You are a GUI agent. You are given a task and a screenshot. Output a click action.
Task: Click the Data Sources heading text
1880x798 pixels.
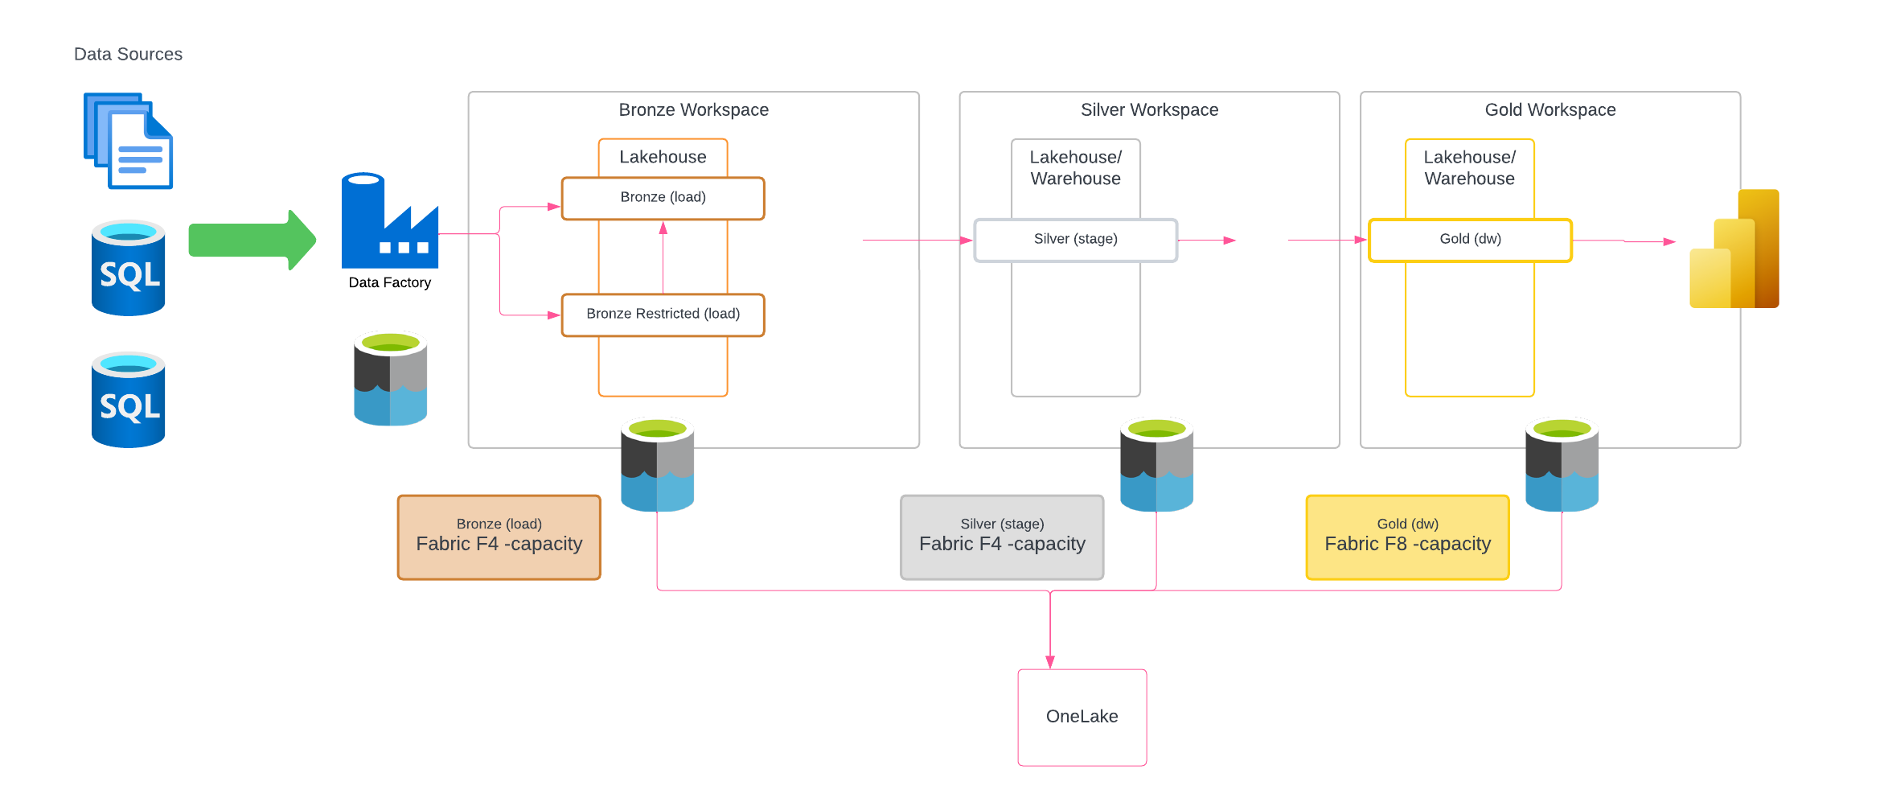[128, 54]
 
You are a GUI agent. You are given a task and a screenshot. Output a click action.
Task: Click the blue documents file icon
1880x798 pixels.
[129, 141]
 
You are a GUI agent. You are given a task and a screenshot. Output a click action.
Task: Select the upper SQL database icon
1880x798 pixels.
[129, 268]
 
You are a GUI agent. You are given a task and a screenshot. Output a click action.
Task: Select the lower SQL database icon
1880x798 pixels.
[129, 400]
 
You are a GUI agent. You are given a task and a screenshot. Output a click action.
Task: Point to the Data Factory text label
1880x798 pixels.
[389, 282]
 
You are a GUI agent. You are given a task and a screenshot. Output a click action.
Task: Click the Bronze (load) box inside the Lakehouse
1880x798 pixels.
[663, 198]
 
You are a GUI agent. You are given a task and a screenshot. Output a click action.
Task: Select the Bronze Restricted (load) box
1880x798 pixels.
[663, 315]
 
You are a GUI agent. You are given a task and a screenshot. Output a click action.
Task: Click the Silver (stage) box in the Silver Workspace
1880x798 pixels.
[1075, 240]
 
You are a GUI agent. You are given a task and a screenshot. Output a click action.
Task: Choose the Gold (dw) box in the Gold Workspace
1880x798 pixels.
[1470, 240]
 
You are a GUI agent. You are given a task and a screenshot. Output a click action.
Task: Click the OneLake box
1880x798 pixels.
[1082, 717]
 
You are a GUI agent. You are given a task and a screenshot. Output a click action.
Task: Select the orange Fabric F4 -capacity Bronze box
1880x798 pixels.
[499, 537]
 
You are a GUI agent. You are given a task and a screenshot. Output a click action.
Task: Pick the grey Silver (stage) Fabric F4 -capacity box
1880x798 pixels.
[1002, 537]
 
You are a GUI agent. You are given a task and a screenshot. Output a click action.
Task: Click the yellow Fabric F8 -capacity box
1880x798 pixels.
[1407, 537]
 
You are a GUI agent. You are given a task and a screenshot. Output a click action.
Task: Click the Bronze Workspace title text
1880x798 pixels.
[693, 110]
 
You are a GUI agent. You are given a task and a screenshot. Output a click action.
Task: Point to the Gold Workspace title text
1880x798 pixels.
[1550, 110]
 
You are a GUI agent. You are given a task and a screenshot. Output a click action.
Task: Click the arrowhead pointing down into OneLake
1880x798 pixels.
[1050, 662]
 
